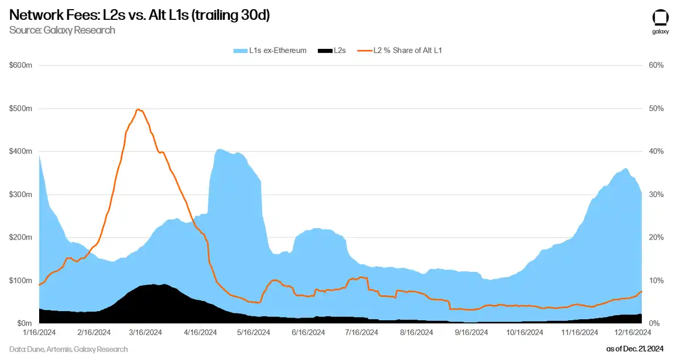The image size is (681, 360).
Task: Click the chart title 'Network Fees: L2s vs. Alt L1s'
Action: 139,15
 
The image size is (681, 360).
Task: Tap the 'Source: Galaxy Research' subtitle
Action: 62,30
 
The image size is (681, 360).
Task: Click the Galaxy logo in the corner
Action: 660,22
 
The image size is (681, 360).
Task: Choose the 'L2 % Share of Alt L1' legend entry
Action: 400,51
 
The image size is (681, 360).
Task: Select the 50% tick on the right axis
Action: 656,108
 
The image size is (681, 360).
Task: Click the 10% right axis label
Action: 656,280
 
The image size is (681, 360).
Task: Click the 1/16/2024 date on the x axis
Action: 39,332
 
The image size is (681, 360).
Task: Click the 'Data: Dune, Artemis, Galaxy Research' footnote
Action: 69,349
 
